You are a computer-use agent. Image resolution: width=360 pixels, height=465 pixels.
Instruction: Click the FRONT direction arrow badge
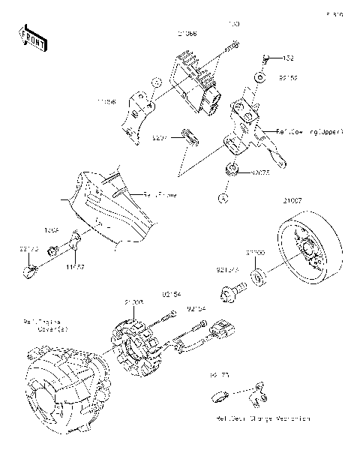[33, 38]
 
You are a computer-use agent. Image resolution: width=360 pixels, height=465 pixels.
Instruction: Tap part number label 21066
[187, 34]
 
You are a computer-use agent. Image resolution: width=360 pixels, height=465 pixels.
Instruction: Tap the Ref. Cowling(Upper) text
[309, 131]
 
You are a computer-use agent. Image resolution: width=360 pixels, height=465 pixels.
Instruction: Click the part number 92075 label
[260, 173]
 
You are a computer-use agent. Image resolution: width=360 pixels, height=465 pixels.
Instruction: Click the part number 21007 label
[292, 200]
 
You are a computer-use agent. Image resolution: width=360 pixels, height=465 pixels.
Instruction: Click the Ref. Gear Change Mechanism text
[262, 418]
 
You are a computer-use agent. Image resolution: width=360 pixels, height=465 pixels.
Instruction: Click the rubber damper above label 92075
[233, 167]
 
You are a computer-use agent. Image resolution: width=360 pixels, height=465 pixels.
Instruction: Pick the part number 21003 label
[134, 301]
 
